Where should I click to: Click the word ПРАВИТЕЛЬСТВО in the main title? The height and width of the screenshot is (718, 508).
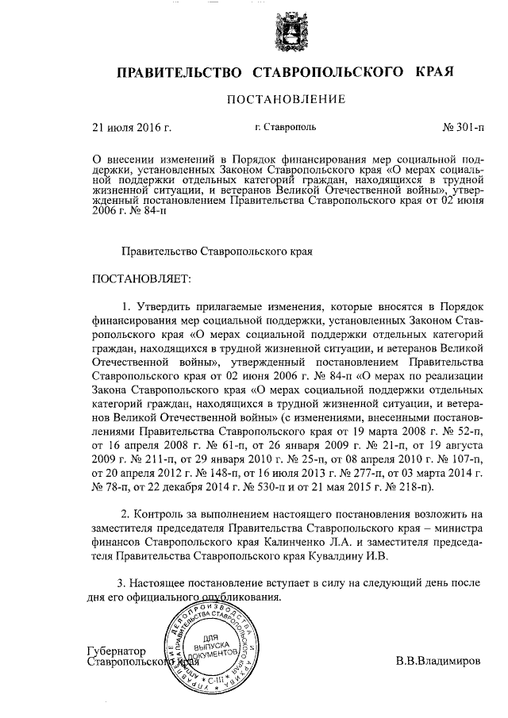tap(179, 73)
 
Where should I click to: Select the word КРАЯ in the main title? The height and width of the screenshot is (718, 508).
tap(433, 73)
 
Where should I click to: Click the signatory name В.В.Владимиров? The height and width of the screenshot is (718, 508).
tap(438, 660)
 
